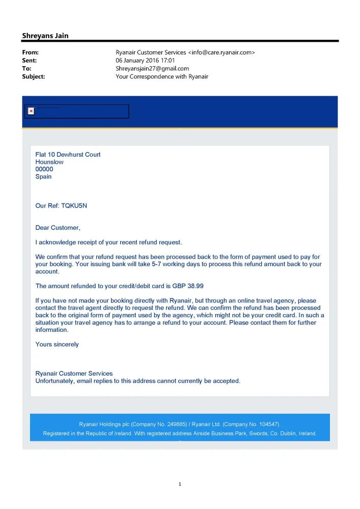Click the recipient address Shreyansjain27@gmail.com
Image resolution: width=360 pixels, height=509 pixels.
[152, 68]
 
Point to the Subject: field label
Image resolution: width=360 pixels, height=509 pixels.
[34, 76]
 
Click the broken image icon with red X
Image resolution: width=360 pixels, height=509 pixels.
[31, 111]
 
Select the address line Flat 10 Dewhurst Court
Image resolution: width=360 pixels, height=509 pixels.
[68, 155]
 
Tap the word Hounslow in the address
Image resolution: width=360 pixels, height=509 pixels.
[49, 162]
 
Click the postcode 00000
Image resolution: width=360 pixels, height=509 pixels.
[44, 169]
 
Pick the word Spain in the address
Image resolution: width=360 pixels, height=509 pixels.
[43, 177]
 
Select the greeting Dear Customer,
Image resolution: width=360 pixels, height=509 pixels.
[58, 228]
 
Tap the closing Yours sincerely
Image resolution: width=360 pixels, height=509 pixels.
[57, 345]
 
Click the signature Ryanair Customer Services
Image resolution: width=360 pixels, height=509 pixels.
[74, 374]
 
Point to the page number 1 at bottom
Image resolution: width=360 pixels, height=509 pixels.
[180, 484]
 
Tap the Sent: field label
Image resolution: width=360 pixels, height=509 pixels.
[30, 61]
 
